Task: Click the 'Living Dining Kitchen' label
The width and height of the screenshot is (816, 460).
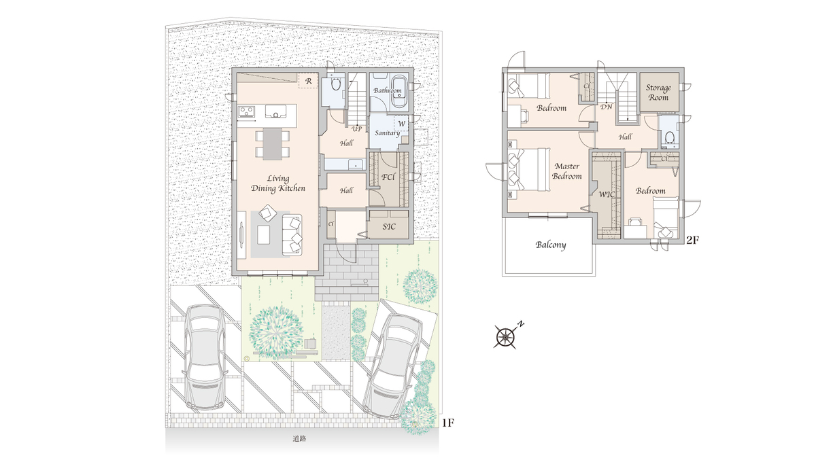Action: pos(278,183)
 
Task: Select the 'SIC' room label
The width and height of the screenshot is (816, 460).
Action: pos(389,227)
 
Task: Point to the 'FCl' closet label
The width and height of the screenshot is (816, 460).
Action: pos(388,177)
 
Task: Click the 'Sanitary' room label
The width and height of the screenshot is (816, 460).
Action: pos(387,132)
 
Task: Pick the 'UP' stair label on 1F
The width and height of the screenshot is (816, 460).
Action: pos(356,129)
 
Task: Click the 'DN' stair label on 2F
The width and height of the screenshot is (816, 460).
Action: pos(606,107)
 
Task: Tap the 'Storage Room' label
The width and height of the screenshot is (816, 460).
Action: pos(658,92)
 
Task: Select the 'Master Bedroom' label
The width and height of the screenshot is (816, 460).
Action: pos(567,171)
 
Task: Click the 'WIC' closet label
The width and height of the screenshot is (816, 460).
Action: pos(607,195)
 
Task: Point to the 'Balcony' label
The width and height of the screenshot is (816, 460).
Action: pos(550,245)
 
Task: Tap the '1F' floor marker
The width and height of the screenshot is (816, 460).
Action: pos(447,423)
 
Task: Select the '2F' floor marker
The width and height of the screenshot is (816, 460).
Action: pos(692,240)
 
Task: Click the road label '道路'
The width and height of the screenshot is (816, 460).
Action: pos(299,439)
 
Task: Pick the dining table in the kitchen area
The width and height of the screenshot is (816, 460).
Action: pos(273,144)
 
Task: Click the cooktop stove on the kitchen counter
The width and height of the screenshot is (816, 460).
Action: pos(247,111)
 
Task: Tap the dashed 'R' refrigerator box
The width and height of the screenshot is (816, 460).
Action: pos(308,81)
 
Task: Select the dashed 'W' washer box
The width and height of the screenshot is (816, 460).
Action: pos(401,124)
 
